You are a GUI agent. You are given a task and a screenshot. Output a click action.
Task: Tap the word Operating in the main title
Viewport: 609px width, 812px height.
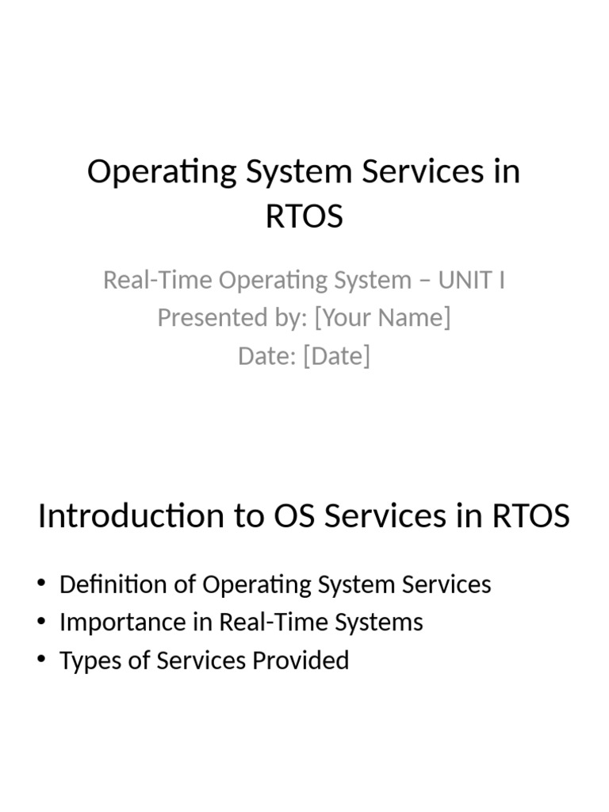click(x=150, y=172)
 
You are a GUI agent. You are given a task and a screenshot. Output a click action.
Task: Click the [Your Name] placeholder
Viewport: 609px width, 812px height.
click(x=382, y=317)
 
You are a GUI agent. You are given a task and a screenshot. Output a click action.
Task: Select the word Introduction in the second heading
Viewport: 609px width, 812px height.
click(x=131, y=516)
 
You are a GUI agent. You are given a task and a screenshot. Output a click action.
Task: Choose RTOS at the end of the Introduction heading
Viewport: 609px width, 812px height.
click(x=530, y=516)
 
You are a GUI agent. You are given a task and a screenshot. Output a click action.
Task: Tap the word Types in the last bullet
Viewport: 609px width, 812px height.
click(x=86, y=661)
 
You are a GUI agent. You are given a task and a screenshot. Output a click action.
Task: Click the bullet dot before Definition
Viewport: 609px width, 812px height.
click(x=41, y=585)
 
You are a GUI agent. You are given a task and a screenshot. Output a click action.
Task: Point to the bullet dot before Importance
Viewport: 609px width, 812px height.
click(x=41, y=622)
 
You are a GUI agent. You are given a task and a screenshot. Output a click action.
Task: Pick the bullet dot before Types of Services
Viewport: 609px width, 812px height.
click(x=41, y=661)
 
